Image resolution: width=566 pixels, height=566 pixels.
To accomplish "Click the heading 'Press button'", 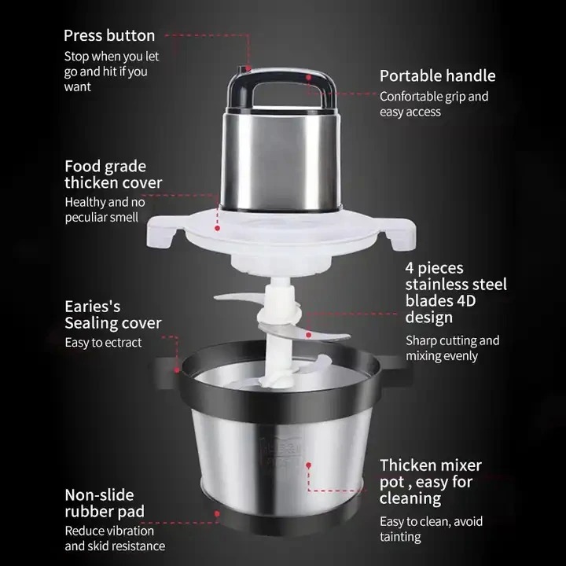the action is [109, 35].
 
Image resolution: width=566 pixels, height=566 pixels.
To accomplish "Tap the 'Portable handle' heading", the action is [438, 76].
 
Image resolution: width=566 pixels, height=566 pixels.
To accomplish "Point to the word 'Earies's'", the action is [93, 307].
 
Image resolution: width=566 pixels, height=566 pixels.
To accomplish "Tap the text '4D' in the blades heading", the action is [466, 300].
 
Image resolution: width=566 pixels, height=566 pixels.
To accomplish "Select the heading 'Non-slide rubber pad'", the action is [105, 503].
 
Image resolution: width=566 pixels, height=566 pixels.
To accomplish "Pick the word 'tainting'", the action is [400, 537].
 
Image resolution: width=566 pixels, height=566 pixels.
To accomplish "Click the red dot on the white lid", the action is [217, 228].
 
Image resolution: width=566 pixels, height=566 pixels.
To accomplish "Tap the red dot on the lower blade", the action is [309, 335].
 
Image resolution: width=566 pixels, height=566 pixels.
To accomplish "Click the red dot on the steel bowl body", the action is [309, 465].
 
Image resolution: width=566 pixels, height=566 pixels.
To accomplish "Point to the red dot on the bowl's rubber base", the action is [217, 513].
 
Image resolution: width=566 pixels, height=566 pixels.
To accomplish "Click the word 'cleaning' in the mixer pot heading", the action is [410, 499].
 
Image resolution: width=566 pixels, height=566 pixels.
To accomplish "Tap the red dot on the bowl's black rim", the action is [177, 370].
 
